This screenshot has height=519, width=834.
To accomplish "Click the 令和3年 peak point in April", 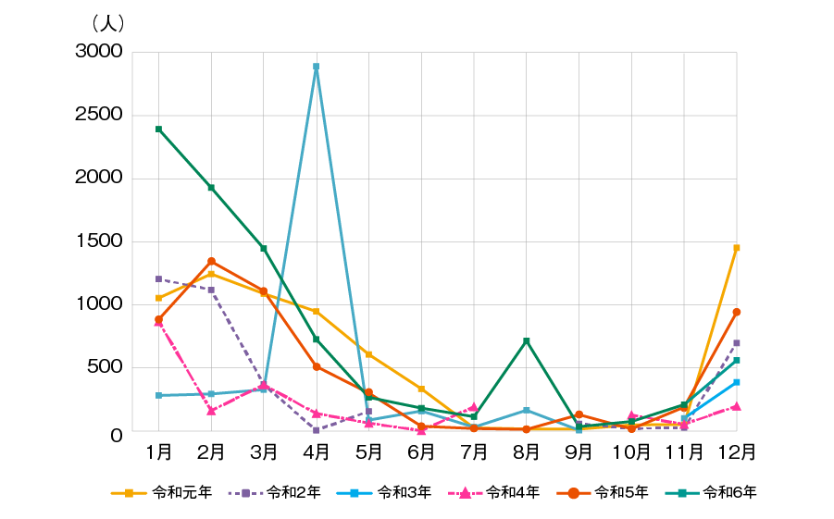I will click(x=317, y=67).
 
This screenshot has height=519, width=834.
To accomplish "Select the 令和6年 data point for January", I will click(x=159, y=130).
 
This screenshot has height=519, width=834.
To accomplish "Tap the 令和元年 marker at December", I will click(x=737, y=248).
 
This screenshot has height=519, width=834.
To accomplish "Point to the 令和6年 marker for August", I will click(x=527, y=341).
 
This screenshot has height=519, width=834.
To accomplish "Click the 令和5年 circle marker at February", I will click(x=212, y=261).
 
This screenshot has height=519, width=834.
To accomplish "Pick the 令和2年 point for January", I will click(x=159, y=278).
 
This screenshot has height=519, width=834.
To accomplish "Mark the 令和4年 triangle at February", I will click(x=212, y=411).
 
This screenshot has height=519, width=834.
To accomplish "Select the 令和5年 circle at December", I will click(x=737, y=312).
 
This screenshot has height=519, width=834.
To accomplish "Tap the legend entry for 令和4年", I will click(x=492, y=492).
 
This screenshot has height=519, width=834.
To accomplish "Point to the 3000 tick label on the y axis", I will click(x=99, y=52).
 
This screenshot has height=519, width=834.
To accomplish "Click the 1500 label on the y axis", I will click(x=99, y=241).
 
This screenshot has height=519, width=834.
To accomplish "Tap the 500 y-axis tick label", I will click(x=104, y=367).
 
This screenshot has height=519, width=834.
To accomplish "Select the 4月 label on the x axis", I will click(x=317, y=452).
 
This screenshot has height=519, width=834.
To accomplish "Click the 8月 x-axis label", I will click(x=527, y=452).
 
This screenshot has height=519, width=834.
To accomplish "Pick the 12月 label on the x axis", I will click(x=737, y=452).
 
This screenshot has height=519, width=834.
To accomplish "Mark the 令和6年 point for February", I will click(x=212, y=188).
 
